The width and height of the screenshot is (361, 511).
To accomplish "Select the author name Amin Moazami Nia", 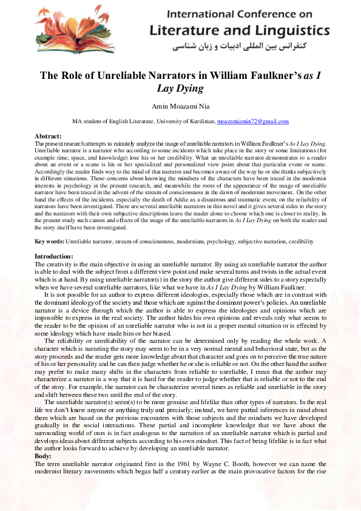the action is coord(180,107).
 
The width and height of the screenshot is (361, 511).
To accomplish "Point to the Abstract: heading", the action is coord(49,136).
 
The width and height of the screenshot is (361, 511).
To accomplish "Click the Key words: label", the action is coord(49,242).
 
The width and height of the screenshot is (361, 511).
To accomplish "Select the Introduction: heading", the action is coord(54,257).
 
